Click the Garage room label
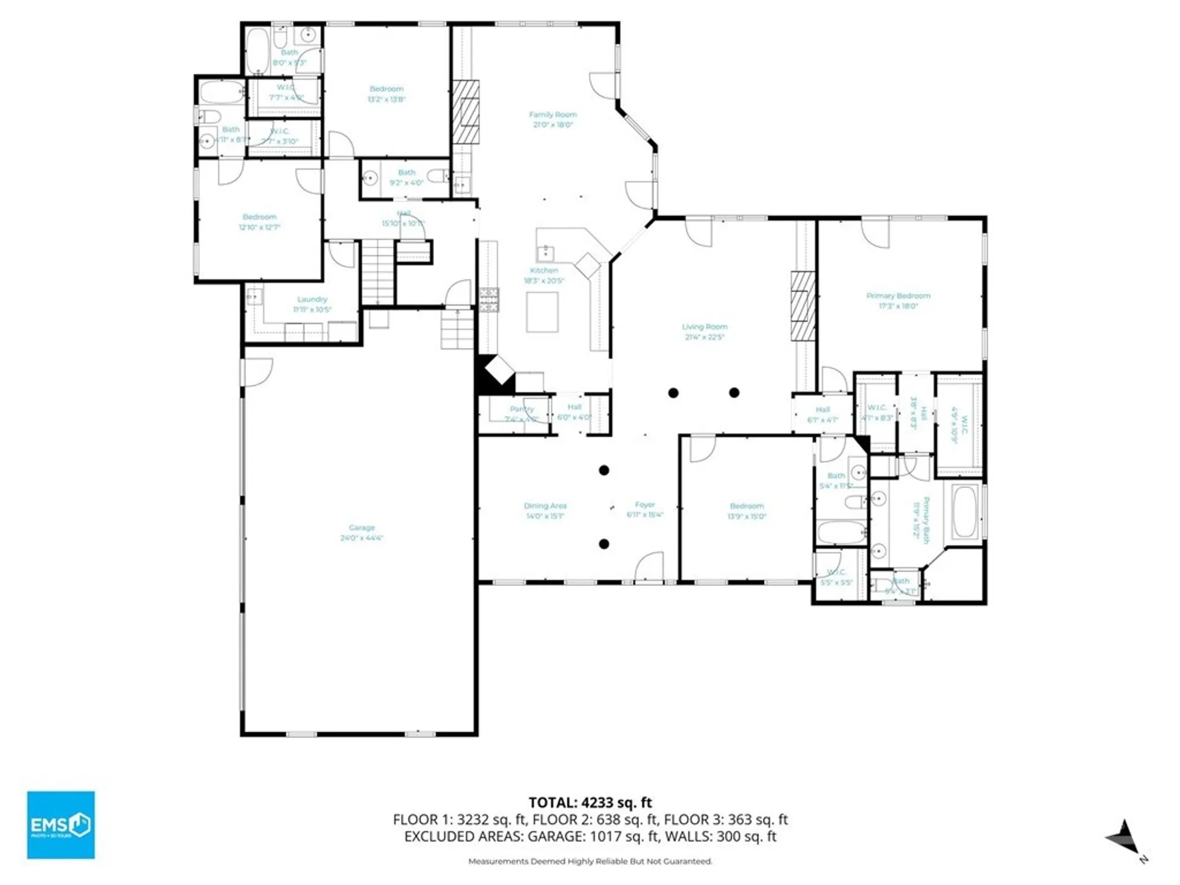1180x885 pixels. (x=362, y=527)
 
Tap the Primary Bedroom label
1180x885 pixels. (x=898, y=296)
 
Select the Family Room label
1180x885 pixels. (x=553, y=114)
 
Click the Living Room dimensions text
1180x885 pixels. (x=704, y=337)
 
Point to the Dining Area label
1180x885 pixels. (x=545, y=506)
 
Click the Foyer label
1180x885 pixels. (x=645, y=504)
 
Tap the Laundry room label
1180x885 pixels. (x=312, y=299)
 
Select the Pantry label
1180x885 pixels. (x=522, y=409)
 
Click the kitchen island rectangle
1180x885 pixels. (x=542, y=312)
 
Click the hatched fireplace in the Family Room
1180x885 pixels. (x=466, y=112)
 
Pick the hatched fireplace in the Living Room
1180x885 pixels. (x=802, y=306)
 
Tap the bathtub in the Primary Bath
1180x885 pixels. (x=964, y=512)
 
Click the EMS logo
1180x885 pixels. (x=61, y=825)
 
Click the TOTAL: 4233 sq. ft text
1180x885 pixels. (x=590, y=802)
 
